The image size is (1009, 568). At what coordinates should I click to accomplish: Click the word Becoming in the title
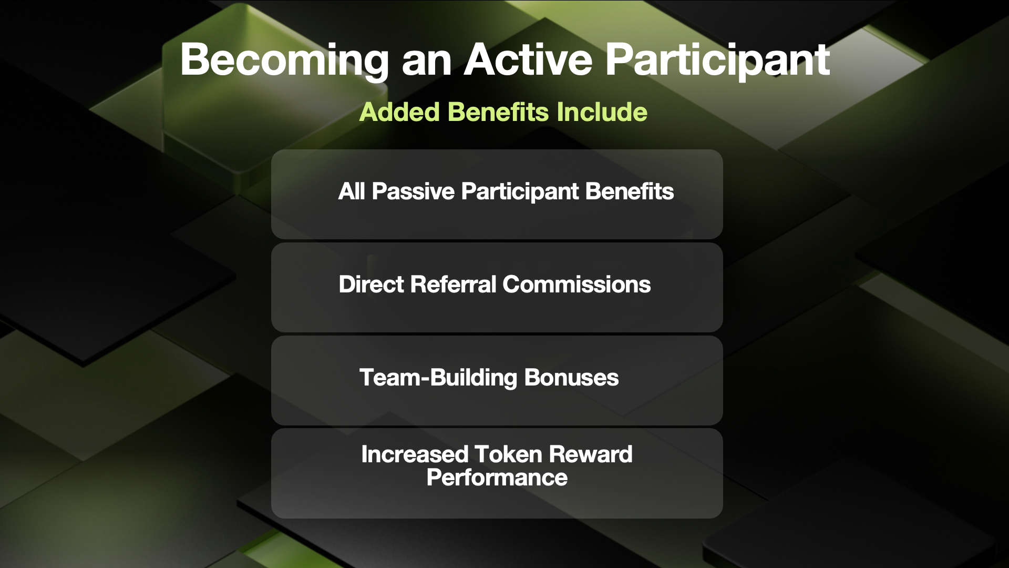click(284, 61)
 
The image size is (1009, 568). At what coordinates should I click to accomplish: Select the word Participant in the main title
click(718, 61)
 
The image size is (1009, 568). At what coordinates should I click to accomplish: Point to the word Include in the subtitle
click(602, 112)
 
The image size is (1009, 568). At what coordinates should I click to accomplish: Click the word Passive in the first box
click(413, 191)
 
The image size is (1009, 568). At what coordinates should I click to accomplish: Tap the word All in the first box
click(352, 191)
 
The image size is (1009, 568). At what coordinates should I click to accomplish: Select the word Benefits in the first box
click(630, 191)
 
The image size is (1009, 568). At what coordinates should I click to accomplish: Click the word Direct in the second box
click(372, 285)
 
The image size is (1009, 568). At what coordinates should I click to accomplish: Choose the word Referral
click(454, 285)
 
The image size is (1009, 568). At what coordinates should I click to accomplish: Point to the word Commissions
click(576, 285)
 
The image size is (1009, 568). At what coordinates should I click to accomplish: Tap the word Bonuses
click(571, 378)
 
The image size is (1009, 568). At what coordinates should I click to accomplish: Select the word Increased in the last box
click(415, 454)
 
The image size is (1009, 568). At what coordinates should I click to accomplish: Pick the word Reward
click(591, 454)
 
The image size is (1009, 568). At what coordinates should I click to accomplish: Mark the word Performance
click(497, 478)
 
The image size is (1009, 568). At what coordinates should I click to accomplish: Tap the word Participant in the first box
click(520, 192)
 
